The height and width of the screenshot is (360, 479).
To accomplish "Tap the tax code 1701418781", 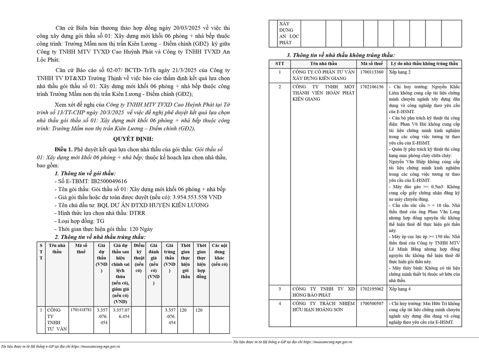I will [81, 310].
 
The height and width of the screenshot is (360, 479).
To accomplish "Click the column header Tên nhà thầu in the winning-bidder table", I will [55, 249].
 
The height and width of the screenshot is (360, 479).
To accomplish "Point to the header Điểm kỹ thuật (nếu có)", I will [139, 258].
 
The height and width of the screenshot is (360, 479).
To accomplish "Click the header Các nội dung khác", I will [219, 255].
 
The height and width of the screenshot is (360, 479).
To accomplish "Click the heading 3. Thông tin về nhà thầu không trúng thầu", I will [340, 55].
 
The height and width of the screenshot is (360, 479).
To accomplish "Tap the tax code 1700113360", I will [371, 72].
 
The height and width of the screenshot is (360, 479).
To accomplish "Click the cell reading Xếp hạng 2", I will [399, 72].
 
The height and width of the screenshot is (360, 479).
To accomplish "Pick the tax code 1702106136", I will [371, 87].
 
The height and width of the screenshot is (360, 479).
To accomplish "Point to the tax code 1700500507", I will [371, 304].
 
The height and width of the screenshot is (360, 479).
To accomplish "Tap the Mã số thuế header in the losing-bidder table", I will [372, 64].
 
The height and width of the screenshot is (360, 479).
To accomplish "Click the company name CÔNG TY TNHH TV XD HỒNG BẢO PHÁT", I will [323, 292].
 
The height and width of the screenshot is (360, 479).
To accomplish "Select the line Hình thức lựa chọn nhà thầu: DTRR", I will [96, 213].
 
